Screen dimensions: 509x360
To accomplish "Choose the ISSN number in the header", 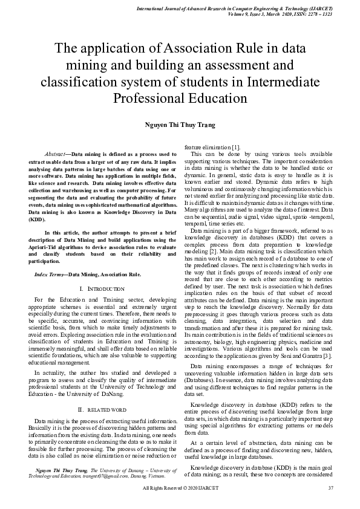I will pos(313,13).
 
